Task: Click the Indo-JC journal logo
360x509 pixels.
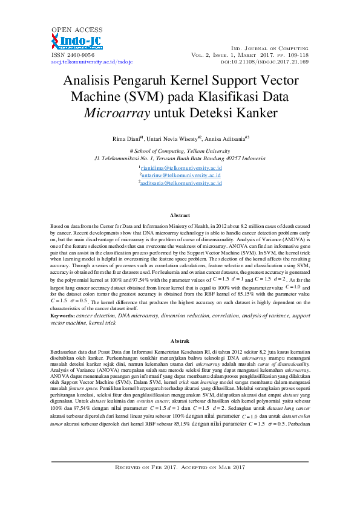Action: tap(77, 42)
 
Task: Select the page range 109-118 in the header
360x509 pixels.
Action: tap(296, 55)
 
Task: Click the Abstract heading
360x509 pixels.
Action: tap(180, 215)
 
